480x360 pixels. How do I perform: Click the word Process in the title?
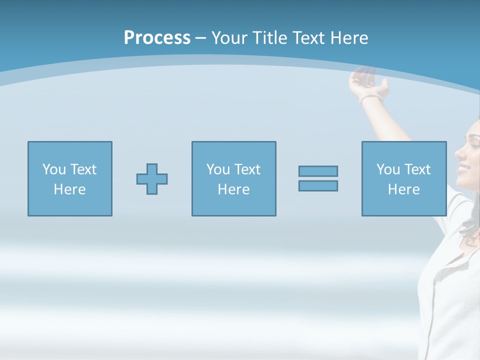click(157, 38)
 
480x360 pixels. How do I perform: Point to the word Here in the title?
click(348, 38)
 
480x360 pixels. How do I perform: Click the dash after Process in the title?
click(200, 38)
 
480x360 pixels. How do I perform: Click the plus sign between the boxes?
click(152, 179)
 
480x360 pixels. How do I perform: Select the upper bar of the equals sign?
click(318, 171)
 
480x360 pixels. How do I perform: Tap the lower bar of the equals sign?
click(318, 185)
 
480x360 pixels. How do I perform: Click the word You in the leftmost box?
click(54, 169)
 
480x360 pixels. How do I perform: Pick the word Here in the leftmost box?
click(69, 189)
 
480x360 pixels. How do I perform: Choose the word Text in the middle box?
click(247, 169)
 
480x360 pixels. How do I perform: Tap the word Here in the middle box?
click(233, 189)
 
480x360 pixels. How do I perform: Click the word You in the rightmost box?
click(388, 169)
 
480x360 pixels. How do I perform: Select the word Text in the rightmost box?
click(417, 169)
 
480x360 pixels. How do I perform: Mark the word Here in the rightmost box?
click(403, 189)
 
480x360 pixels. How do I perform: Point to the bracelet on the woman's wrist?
click(371, 97)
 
